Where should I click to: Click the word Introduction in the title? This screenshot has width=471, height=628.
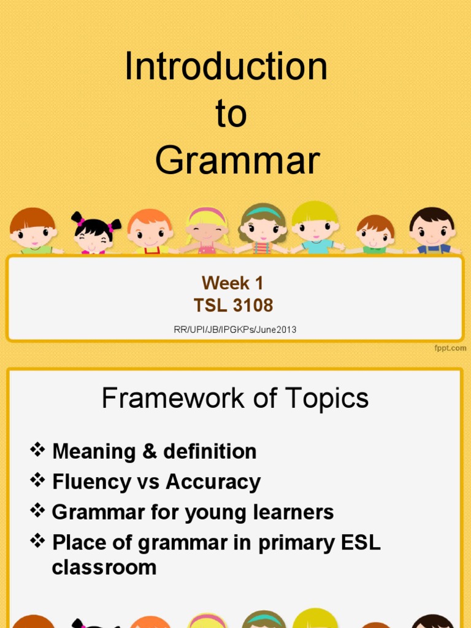226,67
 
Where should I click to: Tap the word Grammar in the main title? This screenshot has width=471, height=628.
237,161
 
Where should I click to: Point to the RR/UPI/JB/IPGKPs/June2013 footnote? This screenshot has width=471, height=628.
235,330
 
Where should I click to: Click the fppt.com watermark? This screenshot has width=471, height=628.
451,348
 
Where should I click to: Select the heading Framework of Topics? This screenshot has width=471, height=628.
235,399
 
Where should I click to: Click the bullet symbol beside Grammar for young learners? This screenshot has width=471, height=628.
38,511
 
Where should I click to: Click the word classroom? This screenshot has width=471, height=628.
104,567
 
